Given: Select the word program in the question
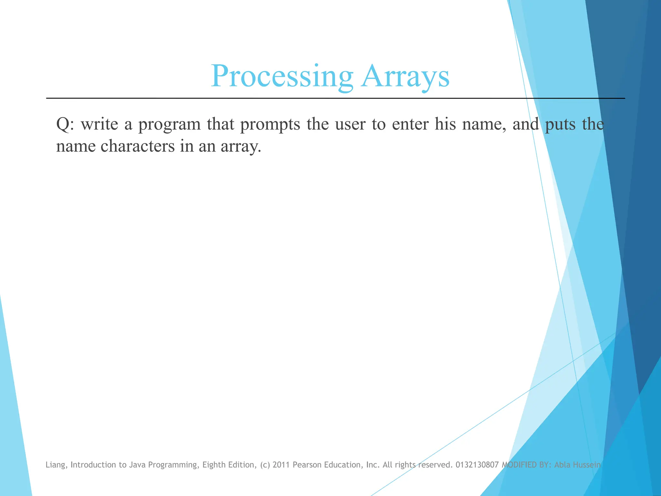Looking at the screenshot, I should pos(170,125).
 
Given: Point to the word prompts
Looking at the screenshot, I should pos(270,125).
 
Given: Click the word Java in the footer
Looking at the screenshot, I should pos(137,465).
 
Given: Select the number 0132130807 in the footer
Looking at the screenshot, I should pos(477,465).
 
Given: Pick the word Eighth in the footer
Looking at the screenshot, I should pos(214,465).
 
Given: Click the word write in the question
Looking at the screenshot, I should pos(99,124).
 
